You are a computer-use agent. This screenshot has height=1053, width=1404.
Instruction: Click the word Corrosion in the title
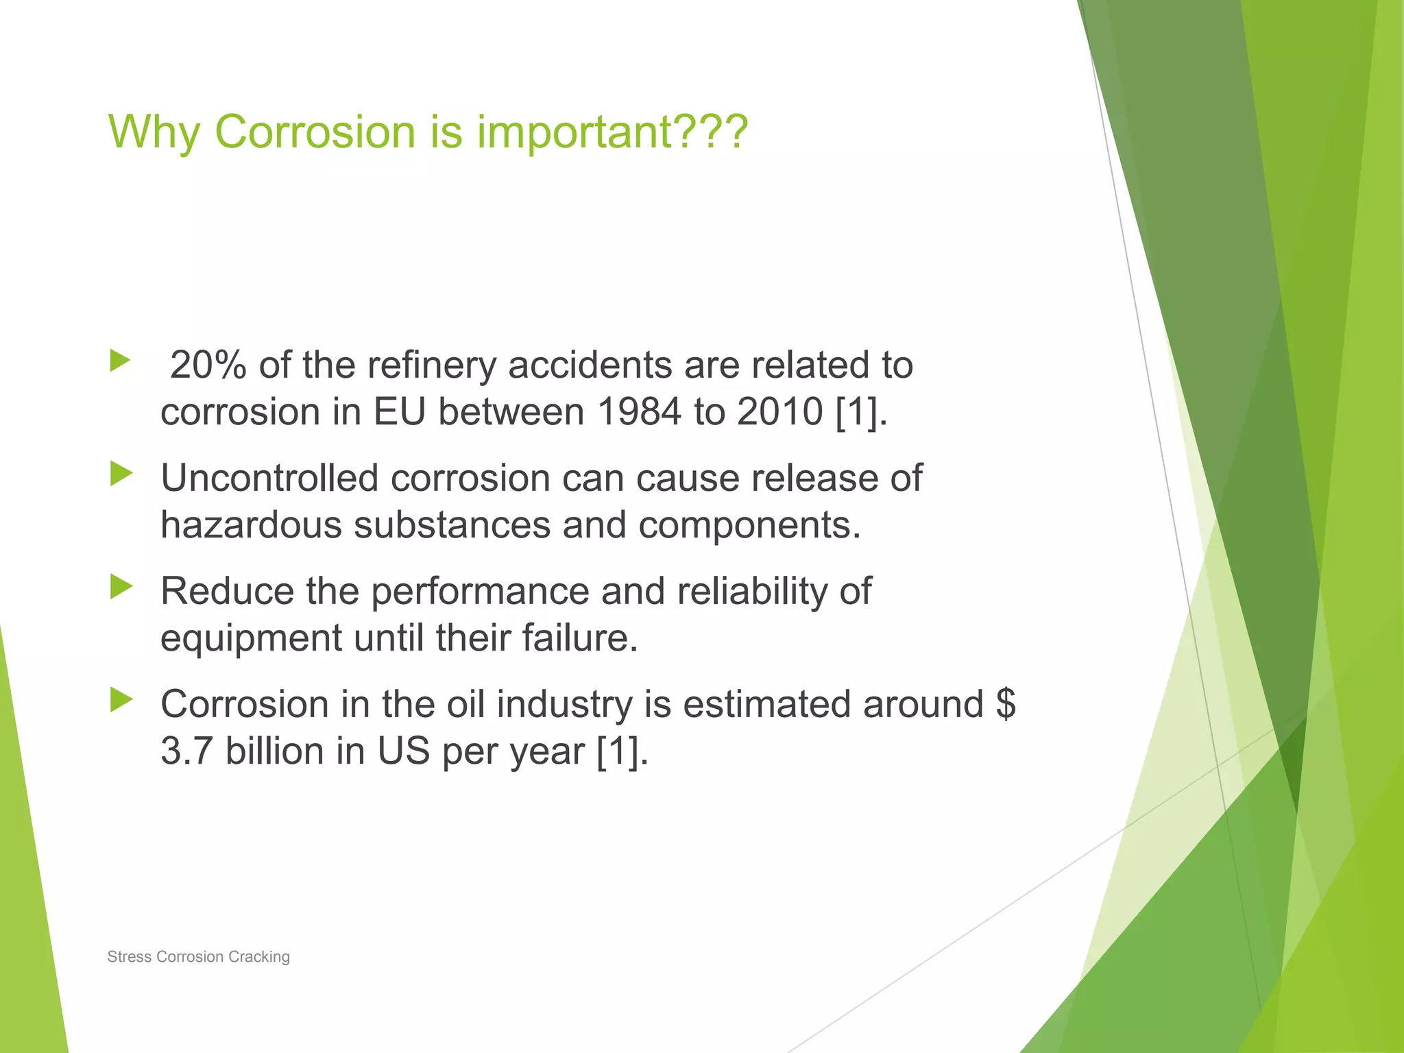(315, 131)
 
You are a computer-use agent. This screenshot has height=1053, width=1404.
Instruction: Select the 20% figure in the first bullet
(208, 365)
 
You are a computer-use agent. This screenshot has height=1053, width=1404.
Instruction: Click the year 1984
(639, 412)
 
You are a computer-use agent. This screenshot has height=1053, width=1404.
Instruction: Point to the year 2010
(779, 412)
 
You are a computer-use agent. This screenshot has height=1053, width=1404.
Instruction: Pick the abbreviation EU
(400, 412)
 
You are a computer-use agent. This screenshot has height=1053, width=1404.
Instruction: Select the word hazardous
(251, 525)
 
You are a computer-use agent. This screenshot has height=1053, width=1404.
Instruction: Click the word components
(749, 525)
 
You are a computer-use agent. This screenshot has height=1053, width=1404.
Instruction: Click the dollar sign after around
(1006, 704)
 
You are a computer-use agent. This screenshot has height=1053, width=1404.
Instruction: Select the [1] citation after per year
(618, 751)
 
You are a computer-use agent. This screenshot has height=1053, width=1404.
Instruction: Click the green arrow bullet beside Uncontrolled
(121, 474)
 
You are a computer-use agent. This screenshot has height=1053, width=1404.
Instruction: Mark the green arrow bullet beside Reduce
(121, 587)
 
